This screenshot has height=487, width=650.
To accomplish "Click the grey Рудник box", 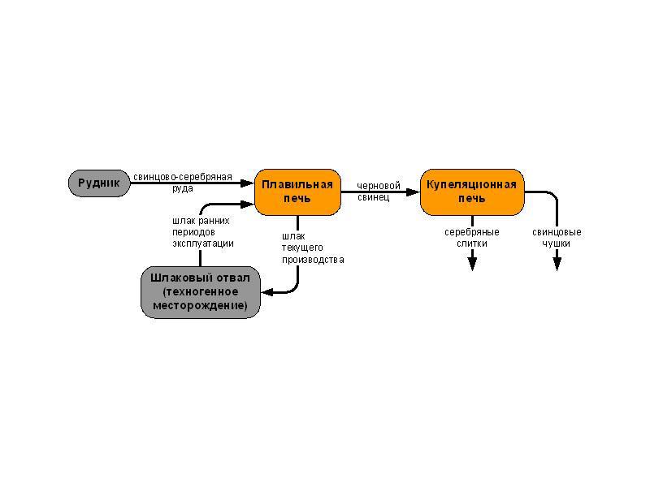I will (98, 183).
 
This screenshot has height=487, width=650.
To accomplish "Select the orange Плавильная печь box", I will (297, 192).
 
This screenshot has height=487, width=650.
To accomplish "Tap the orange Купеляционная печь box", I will (471, 192).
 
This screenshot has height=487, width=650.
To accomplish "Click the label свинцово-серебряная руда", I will (183, 183).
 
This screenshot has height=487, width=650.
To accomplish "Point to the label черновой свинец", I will (379, 192).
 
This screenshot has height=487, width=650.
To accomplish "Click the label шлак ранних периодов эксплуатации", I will (202, 231).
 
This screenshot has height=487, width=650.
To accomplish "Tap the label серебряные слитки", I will (471, 238).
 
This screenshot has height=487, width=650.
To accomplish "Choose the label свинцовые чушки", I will (557, 238).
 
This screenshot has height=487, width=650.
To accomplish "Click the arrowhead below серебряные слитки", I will (472, 263).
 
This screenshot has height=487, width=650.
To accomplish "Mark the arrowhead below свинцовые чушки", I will (557, 263).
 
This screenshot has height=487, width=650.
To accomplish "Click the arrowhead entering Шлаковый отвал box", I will (266, 292).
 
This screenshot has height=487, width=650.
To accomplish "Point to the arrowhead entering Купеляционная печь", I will (414, 192).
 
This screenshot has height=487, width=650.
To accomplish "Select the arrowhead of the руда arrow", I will (249, 183).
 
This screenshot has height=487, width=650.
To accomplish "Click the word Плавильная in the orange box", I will (297, 184).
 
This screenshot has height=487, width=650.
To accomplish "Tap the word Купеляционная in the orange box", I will (471, 184).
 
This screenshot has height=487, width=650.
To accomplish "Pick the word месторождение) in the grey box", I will (200, 305).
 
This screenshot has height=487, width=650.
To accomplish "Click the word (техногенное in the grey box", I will (200, 291).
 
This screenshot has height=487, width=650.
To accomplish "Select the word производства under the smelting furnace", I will (313, 260).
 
